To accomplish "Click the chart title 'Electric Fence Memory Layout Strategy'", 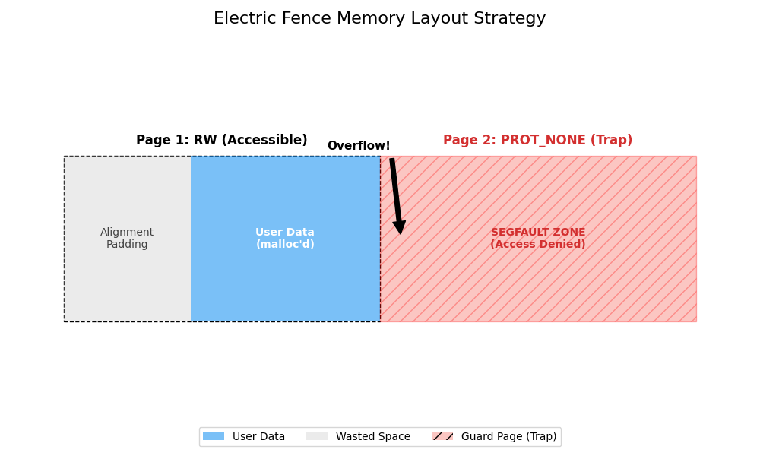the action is tap(379, 19).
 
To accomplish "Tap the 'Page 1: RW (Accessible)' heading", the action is tap(221, 141).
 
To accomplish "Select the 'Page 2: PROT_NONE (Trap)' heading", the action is tap(537, 141).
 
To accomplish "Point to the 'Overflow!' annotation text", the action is tap(359, 146).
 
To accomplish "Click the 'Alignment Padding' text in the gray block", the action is tap(127, 239).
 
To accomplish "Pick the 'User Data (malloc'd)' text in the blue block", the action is tap(285, 239).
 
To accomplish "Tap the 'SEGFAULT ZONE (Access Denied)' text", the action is tap(537, 239).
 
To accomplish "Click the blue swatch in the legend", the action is tap(214, 437).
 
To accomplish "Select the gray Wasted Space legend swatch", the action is tap(317, 437).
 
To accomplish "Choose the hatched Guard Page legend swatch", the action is tap(442, 437).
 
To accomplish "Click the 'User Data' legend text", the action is tap(258, 437).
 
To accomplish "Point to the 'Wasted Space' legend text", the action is tap(373, 437).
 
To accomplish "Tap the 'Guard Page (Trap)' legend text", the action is tap(509, 437).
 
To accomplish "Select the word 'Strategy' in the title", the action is tap(512, 19).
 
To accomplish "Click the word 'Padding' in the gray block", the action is tap(127, 245).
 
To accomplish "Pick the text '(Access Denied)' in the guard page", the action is tap(537, 245).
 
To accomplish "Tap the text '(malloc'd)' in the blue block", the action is tap(285, 245).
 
